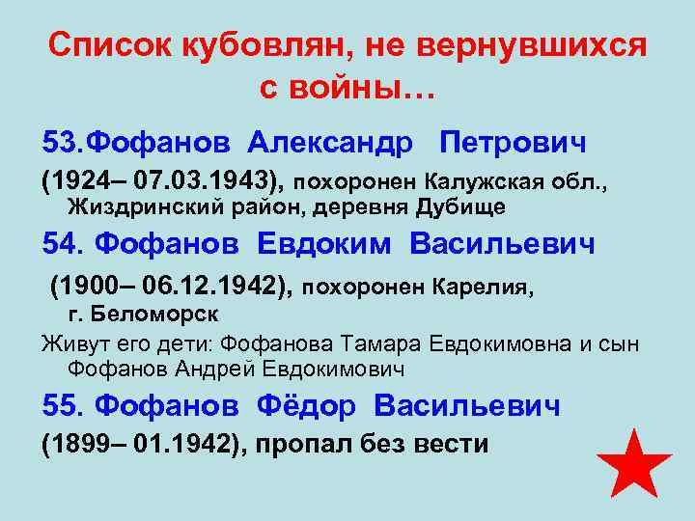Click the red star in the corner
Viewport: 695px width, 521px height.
click(633, 465)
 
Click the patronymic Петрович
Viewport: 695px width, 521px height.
click(513, 143)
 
